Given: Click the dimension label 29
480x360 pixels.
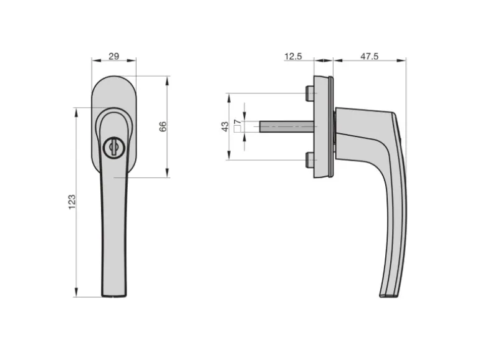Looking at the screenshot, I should (x=113, y=56).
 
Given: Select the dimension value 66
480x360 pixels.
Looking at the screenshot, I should (x=163, y=126).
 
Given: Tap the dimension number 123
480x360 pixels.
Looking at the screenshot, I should (x=72, y=202).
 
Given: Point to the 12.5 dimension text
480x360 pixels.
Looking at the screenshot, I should (x=293, y=56).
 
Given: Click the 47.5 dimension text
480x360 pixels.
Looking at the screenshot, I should (x=369, y=56).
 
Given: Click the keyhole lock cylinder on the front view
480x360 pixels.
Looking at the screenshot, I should (x=113, y=148).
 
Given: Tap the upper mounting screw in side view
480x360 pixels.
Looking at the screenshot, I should (x=310, y=93).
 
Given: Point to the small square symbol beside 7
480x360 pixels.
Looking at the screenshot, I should (x=238, y=130).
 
